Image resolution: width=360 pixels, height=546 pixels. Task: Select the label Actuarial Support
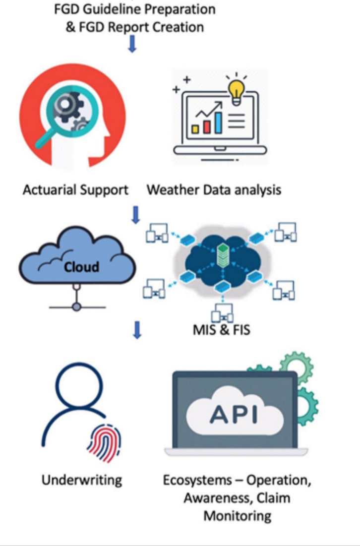[75, 190]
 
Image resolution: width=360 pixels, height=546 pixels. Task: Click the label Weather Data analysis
[214, 190]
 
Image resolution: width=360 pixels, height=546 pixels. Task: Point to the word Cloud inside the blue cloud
[81, 266]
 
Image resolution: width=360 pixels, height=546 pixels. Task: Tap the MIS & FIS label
[222, 329]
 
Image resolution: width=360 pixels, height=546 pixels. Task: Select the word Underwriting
[81, 480]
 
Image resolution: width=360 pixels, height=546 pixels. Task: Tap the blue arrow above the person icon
[137, 330]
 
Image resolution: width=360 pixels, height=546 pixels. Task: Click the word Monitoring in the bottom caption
[238, 516]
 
